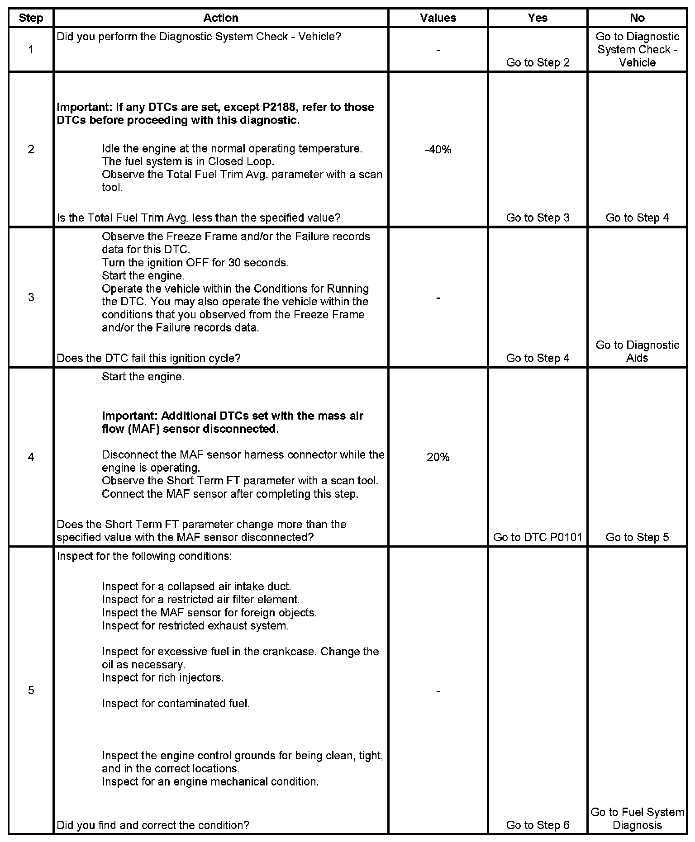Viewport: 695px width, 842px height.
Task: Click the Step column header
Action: pos(31,18)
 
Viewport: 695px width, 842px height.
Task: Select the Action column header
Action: pos(220,18)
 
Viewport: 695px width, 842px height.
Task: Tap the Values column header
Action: pos(438,18)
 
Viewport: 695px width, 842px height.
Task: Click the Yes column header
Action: pos(538,18)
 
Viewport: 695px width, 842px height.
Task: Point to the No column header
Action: pos(637,18)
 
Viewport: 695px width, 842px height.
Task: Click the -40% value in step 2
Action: pos(438,150)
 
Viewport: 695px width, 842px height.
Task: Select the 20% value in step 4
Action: pos(438,457)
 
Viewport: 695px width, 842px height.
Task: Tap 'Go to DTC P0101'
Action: pos(538,537)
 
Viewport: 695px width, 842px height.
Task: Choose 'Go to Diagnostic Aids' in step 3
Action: pos(637,351)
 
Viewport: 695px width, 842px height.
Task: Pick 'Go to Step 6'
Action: pos(538,825)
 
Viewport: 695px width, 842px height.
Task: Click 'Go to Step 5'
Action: pos(637,537)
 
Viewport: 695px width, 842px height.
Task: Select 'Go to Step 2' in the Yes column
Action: pos(538,62)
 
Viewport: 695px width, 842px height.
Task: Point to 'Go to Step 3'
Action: pos(538,218)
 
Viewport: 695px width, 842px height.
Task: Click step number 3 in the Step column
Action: pos(31,297)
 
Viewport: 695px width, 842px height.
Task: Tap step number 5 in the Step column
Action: pos(31,690)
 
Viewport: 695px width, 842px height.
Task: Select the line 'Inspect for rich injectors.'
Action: pos(163,677)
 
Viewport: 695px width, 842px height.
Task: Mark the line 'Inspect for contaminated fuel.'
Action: pos(176,703)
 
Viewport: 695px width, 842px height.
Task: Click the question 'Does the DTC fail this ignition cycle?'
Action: pos(148,358)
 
